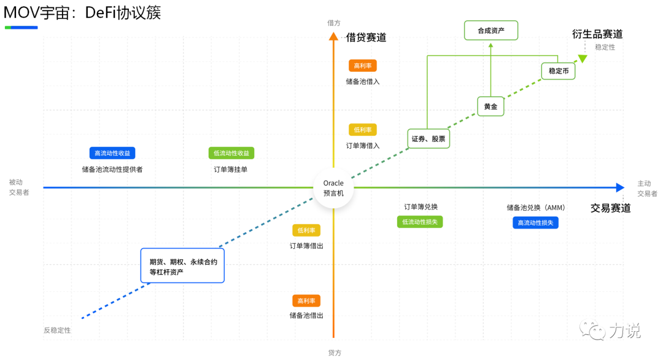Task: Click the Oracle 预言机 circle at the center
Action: pos(333,187)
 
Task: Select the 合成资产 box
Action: pos(490,30)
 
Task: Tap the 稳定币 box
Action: pos(558,71)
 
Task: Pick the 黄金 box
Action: pos(490,106)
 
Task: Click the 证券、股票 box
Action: pos(428,139)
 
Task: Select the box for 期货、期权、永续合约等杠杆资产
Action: pos(182,265)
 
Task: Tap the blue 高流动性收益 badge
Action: pos(112,153)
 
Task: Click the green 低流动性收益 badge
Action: pos(231,153)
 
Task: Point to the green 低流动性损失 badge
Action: pos(420,222)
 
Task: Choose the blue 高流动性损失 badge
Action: pos(535,222)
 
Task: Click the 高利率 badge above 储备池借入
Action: pos(362,66)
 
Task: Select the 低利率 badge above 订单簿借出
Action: pos(306,230)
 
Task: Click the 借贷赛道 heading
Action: pos(366,37)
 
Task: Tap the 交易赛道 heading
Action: pos(610,208)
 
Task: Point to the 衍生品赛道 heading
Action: pos(597,34)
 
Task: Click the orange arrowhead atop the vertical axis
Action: pos(333,36)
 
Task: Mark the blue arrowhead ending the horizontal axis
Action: pos(620,187)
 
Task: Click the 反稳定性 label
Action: pos(57,330)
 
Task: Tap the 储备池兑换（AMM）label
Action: pos(536,208)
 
